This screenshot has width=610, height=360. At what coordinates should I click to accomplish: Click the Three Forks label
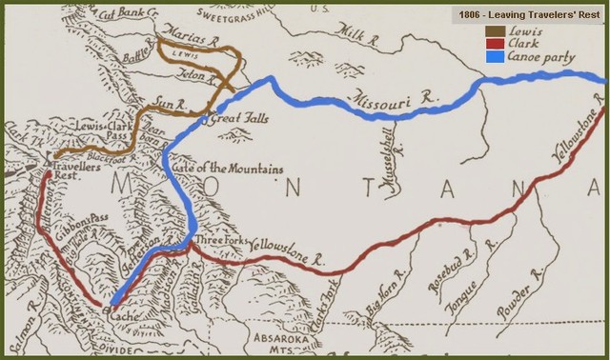point(220,242)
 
